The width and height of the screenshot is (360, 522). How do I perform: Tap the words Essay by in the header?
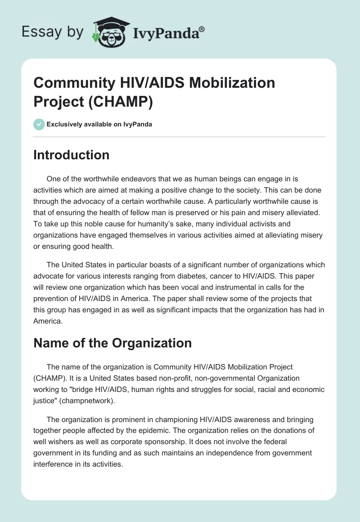tap(53, 32)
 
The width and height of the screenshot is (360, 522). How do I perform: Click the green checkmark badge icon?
tap(39, 124)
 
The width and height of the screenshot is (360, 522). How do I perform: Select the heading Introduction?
tap(71, 155)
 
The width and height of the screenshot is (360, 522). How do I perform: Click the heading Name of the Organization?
tap(112, 343)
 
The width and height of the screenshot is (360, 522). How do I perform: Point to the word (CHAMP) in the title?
tap(121, 102)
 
